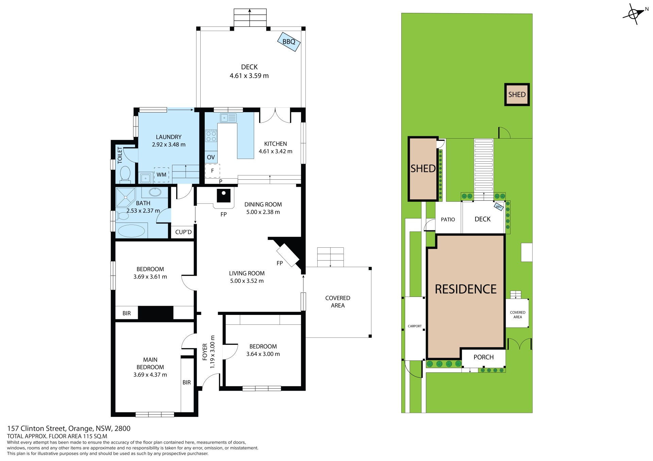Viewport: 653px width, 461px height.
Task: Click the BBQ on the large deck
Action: (x=289, y=41)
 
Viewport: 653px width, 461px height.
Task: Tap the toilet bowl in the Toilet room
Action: (x=125, y=173)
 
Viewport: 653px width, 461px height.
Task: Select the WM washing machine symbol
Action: (x=162, y=175)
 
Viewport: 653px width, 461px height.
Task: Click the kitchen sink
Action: (x=228, y=118)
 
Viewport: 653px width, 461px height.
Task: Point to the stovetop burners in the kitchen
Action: (x=211, y=136)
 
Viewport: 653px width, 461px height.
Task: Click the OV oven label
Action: (x=211, y=157)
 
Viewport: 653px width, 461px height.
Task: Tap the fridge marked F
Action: (x=213, y=171)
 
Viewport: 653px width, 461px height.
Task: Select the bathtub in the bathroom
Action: (x=132, y=231)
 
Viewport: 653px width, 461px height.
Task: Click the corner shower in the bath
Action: (x=125, y=197)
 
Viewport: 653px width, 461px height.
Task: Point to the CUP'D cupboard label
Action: (x=183, y=232)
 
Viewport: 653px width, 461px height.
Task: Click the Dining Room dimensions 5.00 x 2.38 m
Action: (x=263, y=212)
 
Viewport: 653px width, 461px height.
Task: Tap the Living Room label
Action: (x=247, y=273)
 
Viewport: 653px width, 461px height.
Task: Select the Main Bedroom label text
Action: (x=150, y=364)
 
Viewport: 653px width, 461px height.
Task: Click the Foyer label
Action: (x=205, y=352)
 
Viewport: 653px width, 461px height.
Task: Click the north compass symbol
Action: (x=634, y=14)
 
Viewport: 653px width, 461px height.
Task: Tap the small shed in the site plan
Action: (x=517, y=94)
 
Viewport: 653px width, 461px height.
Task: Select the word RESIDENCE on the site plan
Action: (x=466, y=289)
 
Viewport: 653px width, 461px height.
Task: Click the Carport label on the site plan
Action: (x=415, y=326)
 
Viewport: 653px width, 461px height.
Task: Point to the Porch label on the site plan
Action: (x=484, y=357)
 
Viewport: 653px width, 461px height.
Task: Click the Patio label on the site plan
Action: (x=448, y=219)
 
